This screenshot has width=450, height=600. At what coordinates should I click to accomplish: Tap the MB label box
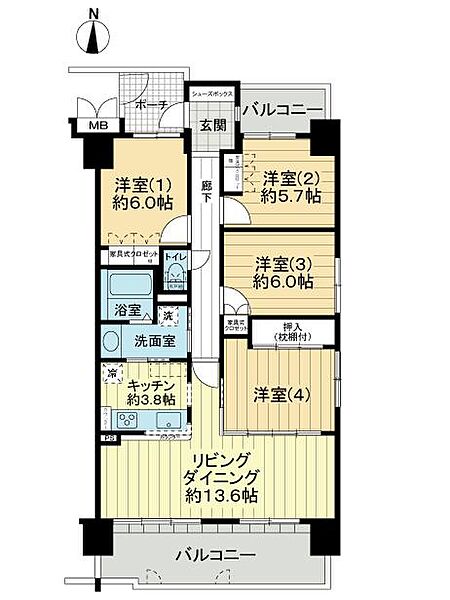98,126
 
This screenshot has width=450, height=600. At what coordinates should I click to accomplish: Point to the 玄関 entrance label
211,125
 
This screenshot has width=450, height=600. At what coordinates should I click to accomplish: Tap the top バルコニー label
283,109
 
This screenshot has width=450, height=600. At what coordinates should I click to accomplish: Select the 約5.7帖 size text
293,197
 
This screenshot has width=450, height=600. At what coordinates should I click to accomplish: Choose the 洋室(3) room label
282,264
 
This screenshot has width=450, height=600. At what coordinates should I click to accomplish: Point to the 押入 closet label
292,325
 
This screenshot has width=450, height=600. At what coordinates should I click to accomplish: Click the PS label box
107,437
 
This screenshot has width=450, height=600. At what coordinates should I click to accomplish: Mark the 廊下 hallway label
205,191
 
